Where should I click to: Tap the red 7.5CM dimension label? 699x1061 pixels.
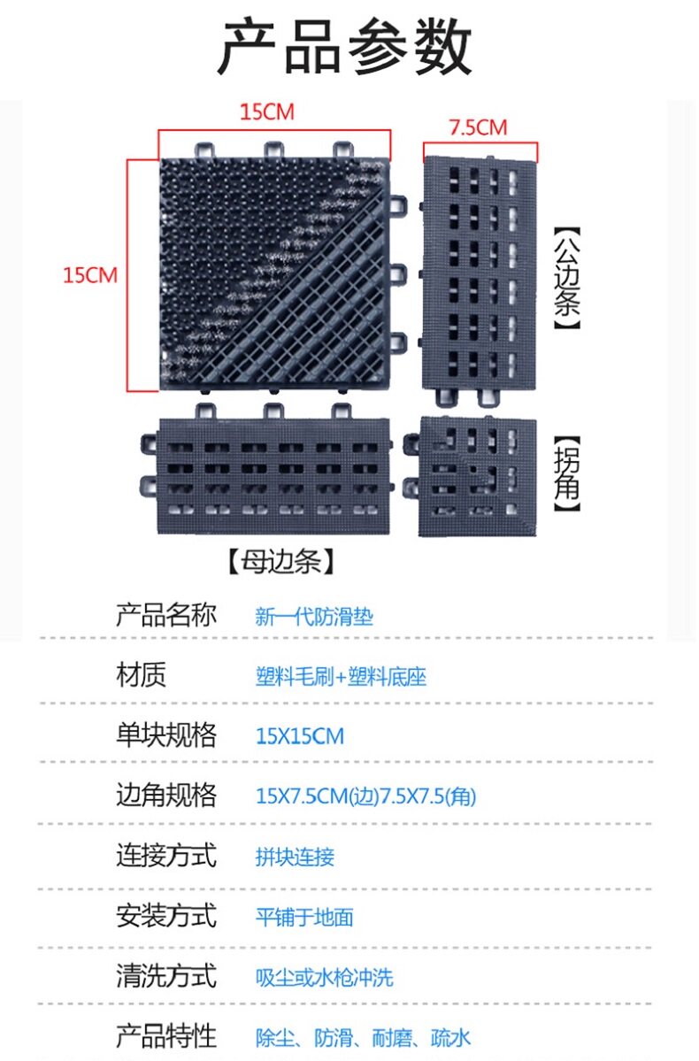[478, 127]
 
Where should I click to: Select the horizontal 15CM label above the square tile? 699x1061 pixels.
[266, 112]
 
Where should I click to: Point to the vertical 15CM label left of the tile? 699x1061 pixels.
[89, 275]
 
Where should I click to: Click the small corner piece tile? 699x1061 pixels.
[478, 476]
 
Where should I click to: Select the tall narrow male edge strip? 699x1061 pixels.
[480, 277]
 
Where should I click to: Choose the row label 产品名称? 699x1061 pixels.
[165, 615]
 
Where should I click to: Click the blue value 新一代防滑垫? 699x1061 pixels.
[314, 617]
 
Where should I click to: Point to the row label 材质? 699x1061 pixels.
[141, 676]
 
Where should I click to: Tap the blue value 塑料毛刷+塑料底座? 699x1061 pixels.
[341, 678]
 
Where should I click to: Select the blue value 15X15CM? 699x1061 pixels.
[299, 736]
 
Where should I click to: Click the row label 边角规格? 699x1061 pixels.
[165, 795]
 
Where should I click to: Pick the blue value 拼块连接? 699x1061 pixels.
[295, 857]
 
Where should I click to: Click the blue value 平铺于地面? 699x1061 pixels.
[304, 917]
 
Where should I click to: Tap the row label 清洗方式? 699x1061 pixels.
[165, 976]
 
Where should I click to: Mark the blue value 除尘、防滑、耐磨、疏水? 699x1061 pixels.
[363, 1037]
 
